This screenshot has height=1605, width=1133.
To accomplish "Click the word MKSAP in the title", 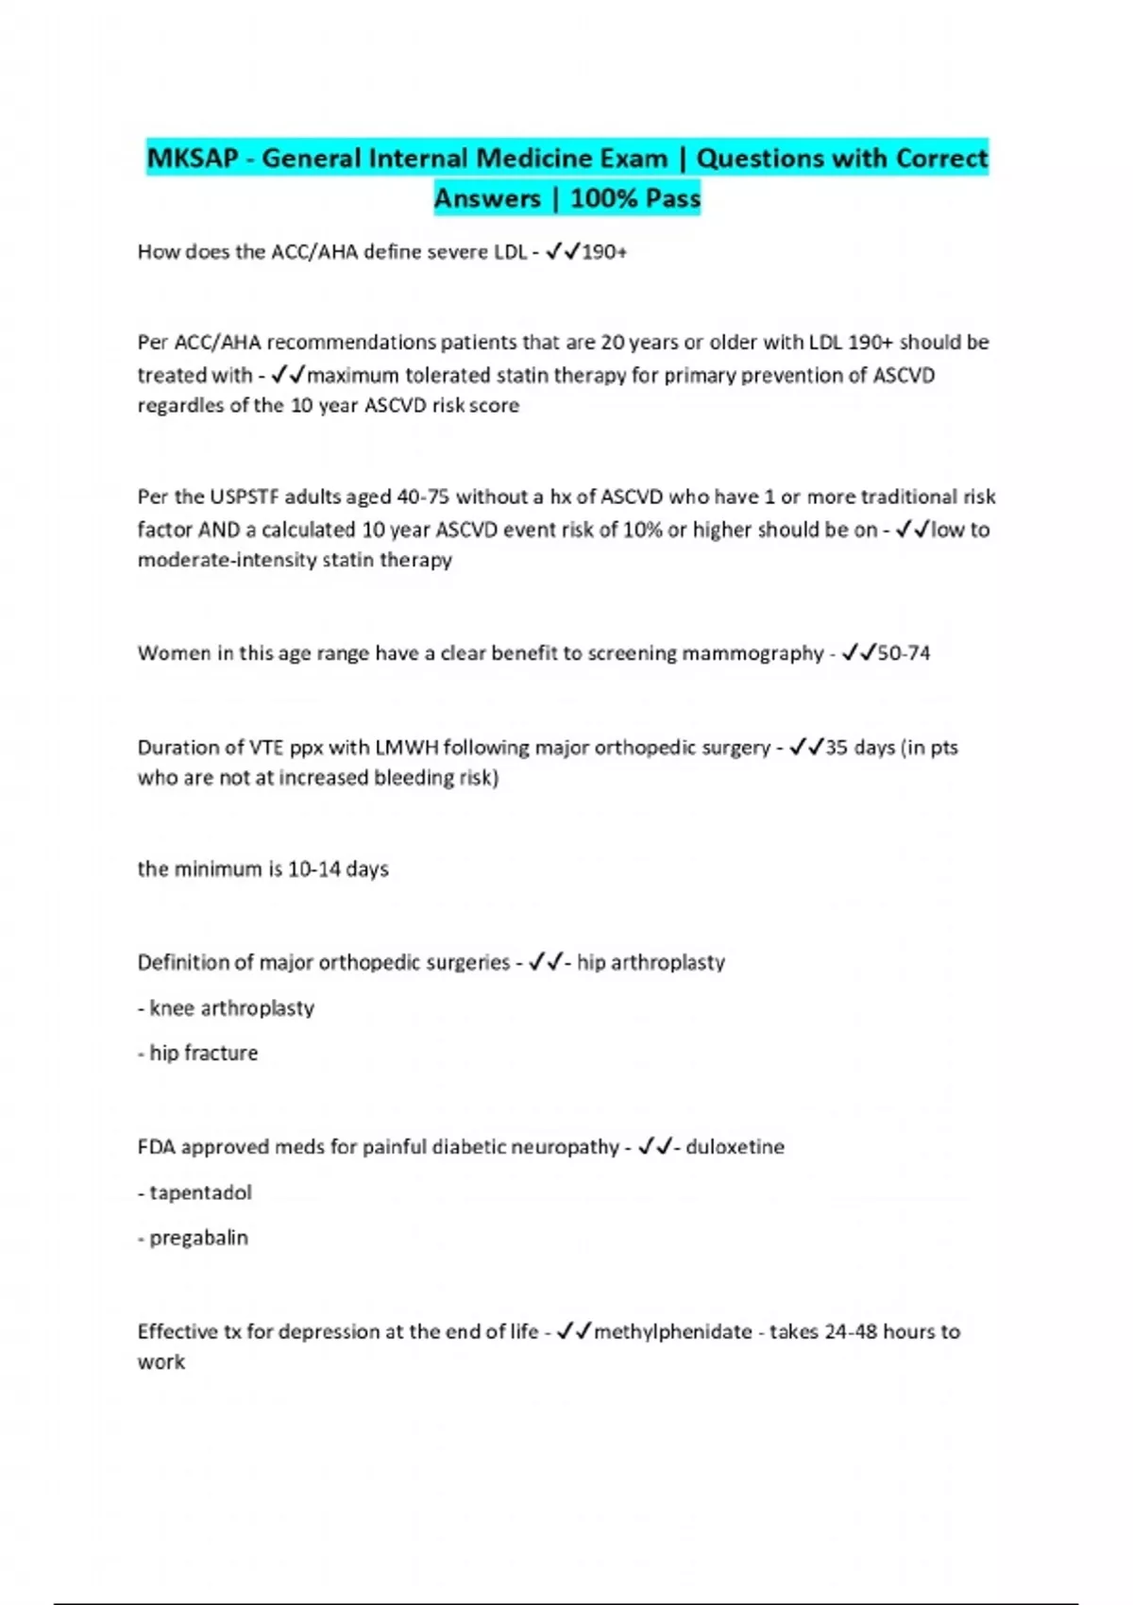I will point(193,158).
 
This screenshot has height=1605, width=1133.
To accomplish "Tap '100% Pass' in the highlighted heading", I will point(635,198).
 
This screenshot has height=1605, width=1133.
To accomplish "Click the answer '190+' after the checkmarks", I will point(604,252).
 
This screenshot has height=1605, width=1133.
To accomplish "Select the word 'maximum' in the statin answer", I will point(354,376).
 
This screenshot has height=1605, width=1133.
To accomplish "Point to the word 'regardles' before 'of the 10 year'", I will point(178,406).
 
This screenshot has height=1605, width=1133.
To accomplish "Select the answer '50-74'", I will point(904,653).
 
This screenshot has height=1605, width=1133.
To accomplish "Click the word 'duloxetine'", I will point(735,1147).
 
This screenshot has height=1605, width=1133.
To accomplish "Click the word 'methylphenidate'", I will point(672,1332).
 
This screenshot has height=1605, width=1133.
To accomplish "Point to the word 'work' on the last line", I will point(161,1362).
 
